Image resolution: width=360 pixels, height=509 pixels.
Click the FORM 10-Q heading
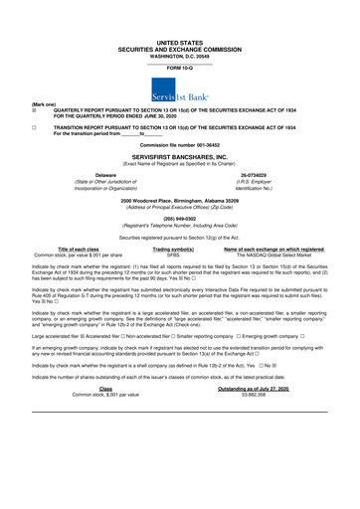[x=180, y=67]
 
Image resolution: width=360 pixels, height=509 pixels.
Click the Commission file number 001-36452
[x=180, y=146]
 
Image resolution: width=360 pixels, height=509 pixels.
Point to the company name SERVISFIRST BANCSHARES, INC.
[x=180, y=157]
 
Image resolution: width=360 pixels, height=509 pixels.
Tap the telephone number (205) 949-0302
[x=180, y=219]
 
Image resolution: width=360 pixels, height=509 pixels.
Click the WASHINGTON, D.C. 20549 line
[x=180, y=56]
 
